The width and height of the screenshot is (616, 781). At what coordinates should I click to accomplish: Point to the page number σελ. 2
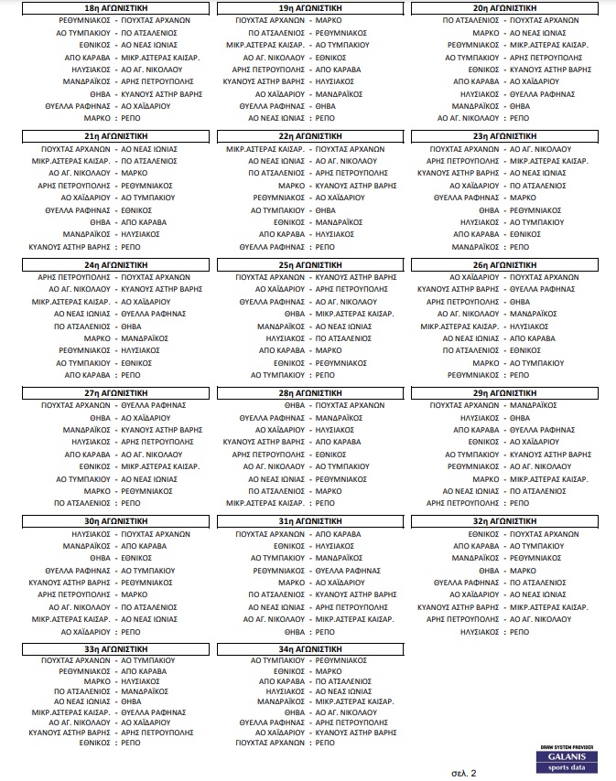click(x=464, y=773)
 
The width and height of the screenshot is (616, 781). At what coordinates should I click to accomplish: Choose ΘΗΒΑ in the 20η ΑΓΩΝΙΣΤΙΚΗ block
click(x=520, y=105)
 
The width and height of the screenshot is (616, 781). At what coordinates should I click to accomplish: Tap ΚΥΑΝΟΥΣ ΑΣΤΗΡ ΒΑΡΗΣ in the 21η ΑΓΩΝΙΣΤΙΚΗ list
click(x=70, y=247)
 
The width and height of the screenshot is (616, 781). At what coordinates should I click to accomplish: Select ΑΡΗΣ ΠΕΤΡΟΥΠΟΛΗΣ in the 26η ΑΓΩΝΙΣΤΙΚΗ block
click(x=470, y=301)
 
